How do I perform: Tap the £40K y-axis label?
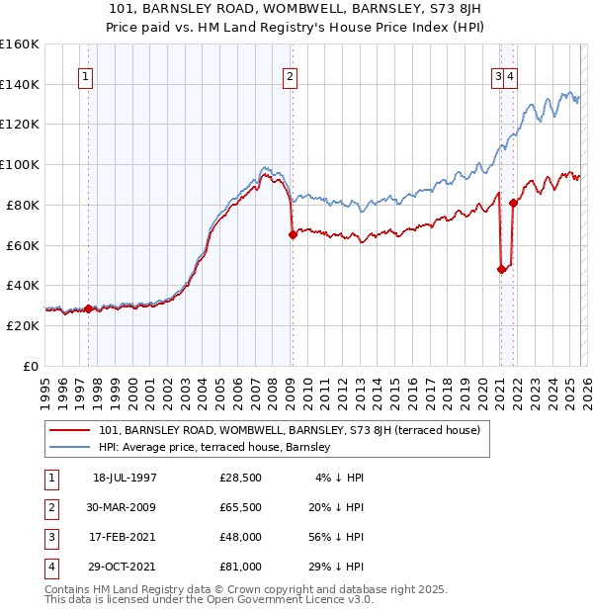tap(23, 285)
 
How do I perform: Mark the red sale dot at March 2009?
tap(293, 234)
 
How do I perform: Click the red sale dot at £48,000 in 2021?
tap(501, 269)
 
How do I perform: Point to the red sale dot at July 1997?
tap(89, 308)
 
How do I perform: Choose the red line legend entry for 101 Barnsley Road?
tap(290, 430)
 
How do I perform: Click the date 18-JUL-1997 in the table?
tap(125, 478)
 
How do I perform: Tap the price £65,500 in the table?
tap(241, 507)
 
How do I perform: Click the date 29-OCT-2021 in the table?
tap(125, 567)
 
